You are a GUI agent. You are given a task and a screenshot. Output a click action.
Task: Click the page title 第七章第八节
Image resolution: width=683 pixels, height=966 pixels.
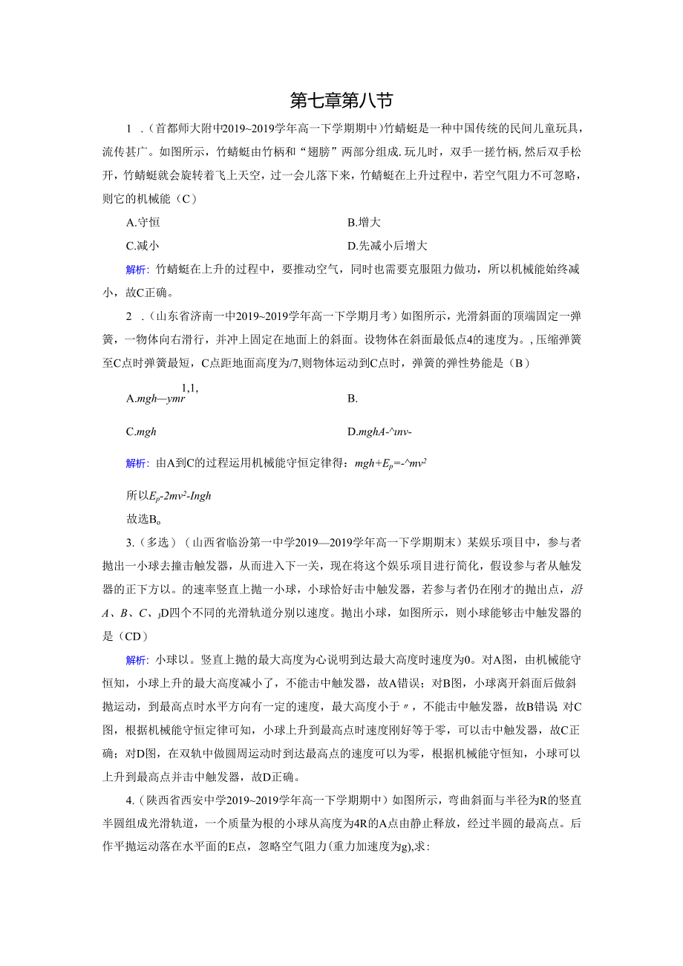pos(341,100)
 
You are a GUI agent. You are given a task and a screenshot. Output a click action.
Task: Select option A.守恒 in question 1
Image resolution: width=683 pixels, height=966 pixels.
pos(143,222)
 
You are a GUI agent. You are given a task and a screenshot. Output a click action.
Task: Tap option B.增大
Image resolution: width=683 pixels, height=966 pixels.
pos(364,222)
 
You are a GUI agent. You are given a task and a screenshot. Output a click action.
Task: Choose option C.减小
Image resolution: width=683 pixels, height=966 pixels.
pos(143,246)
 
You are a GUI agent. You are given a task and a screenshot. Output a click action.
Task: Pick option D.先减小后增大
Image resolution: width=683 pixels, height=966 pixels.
pos(387,246)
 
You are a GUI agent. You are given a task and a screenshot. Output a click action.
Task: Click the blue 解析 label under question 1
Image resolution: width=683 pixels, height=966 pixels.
pos(137,270)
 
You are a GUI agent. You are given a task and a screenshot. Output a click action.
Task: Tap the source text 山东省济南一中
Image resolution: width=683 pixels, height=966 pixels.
pos(195,317)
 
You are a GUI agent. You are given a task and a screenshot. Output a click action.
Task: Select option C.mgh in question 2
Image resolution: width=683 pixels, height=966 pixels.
pos(141,431)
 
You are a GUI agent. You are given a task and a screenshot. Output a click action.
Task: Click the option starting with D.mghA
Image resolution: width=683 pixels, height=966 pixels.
pos(379,431)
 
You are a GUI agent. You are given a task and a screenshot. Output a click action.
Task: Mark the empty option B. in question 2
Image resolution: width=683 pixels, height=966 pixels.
pos(353,399)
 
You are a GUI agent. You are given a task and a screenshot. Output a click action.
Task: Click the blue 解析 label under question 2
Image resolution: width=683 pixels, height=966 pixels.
pos(137,463)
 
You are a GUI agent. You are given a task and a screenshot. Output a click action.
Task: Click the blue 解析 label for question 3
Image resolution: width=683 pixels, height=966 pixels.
pos(137,659)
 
